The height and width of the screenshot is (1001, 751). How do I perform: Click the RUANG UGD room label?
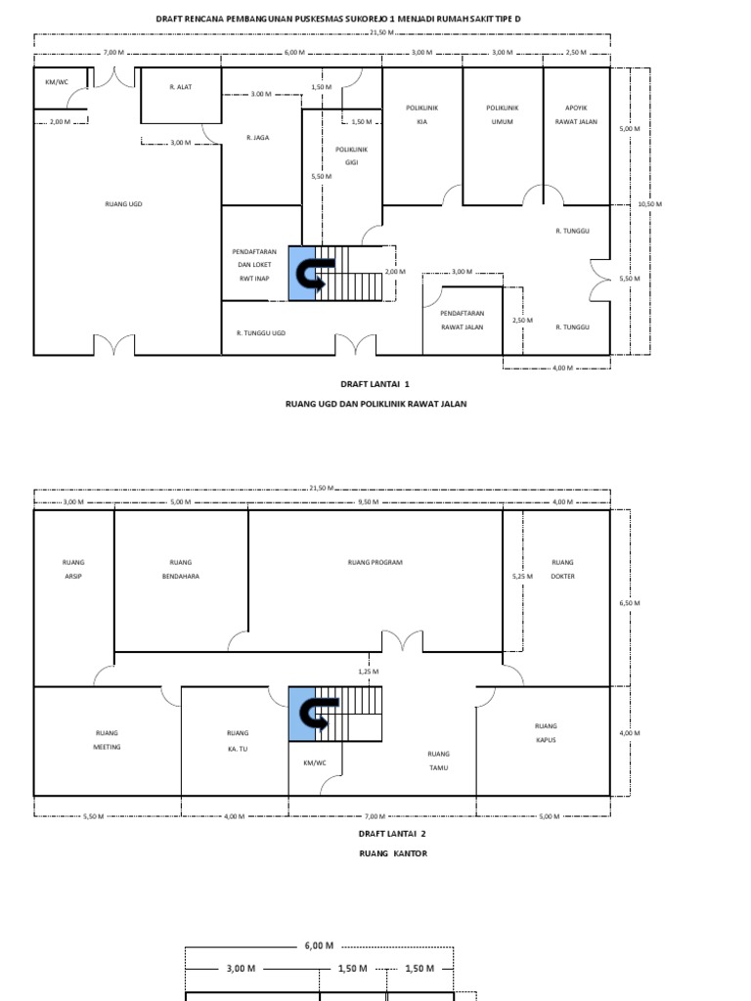point(124,204)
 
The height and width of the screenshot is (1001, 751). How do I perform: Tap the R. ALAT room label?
point(181,87)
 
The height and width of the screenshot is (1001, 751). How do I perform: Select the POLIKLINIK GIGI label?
point(351,155)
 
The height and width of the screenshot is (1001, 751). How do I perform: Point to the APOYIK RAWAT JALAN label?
point(576,114)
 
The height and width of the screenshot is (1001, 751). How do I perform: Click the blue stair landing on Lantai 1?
point(302,274)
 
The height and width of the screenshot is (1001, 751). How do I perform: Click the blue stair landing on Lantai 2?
point(302,714)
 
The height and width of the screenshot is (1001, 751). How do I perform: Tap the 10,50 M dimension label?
point(650,204)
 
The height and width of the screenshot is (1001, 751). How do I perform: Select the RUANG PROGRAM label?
point(375,562)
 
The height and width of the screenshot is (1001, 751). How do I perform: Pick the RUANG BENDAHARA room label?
point(181,570)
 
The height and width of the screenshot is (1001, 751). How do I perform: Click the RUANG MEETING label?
point(107,740)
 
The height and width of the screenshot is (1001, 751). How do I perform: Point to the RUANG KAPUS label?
point(546,733)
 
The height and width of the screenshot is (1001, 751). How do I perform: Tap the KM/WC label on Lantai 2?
point(315,762)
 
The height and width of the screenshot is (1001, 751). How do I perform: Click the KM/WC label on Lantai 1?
point(57,82)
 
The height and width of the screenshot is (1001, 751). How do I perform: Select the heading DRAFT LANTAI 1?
point(375,383)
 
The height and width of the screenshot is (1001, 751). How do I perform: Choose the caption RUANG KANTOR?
point(393,852)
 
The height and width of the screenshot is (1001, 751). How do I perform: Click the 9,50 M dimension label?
point(368,501)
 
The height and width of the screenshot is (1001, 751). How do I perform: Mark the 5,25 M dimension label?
point(522,576)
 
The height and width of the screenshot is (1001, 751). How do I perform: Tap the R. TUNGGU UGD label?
point(260,333)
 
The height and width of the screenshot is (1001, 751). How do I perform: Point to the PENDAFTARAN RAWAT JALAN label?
point(463,320)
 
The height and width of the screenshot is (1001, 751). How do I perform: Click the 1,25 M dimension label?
point(369,672)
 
